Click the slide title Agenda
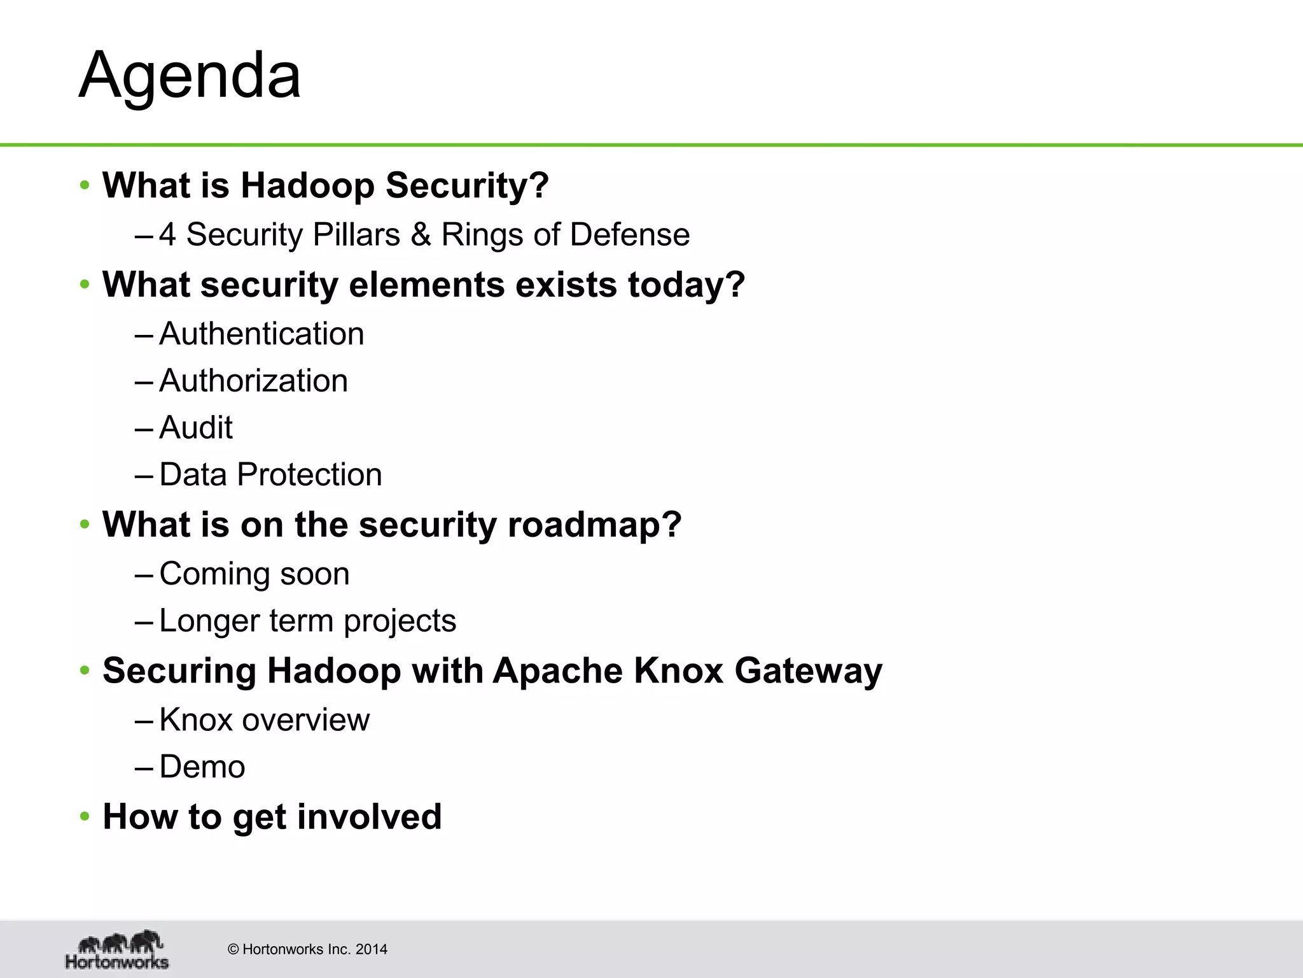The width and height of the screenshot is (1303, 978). pos(190,75)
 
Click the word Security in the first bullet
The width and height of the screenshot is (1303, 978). pos(466,185)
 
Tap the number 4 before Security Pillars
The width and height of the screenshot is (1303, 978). pos(167,234)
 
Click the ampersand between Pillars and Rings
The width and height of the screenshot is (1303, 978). pos(420,234)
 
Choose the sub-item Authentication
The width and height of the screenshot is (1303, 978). pos(261,334)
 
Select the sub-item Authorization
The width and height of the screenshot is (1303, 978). pos(253,381)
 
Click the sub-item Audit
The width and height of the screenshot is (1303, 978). pos(195,427)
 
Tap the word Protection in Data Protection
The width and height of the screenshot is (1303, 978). pos(309,474)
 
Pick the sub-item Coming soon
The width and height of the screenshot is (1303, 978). pos(254,574)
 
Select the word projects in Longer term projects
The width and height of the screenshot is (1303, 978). pos(400,621)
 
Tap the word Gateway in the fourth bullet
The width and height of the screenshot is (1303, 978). pos(808,670)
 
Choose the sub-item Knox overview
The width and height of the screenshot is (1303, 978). pos(263,720)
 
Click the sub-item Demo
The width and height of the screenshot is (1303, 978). pos(202,767)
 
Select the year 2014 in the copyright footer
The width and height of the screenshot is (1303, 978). pos(371,949)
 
